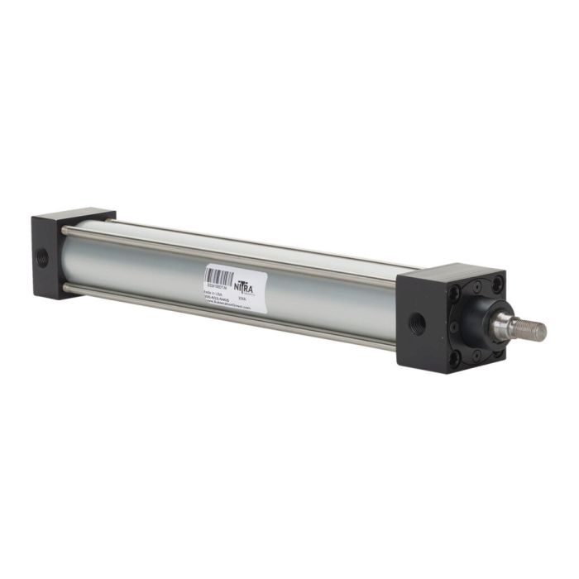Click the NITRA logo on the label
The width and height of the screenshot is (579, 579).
coord(245,285)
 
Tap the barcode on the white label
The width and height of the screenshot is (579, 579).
coord(218,275)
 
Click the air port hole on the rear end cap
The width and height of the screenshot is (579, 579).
coord(43,257)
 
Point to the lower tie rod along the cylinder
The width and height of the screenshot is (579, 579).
coord(232,312)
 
